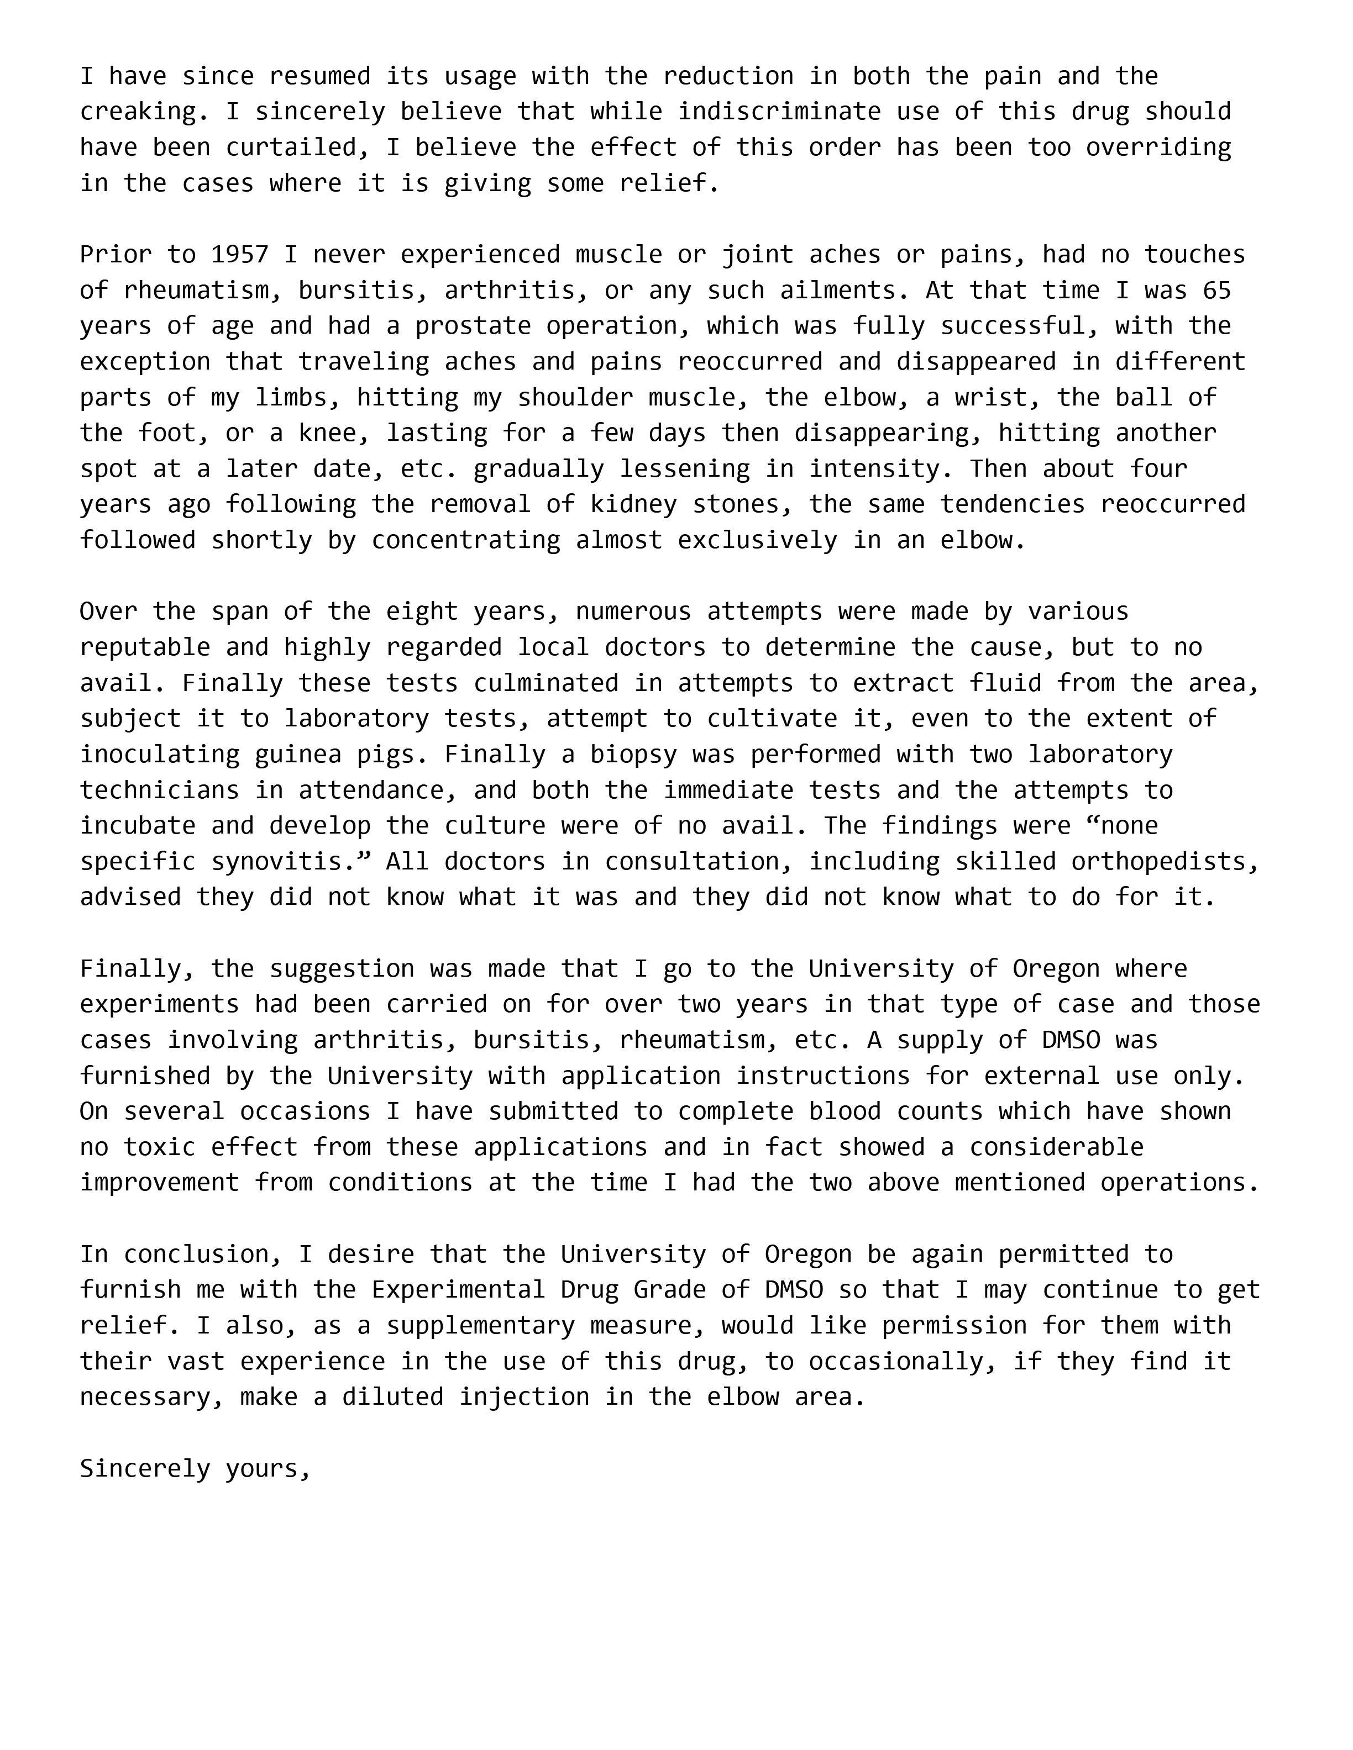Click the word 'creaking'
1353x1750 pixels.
click(137, 112)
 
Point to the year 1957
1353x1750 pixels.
click(240, 255)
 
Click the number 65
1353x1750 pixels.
click(1216, 290)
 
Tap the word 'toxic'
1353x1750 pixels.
click(160, 1147)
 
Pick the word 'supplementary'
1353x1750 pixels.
click(480, 1326)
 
